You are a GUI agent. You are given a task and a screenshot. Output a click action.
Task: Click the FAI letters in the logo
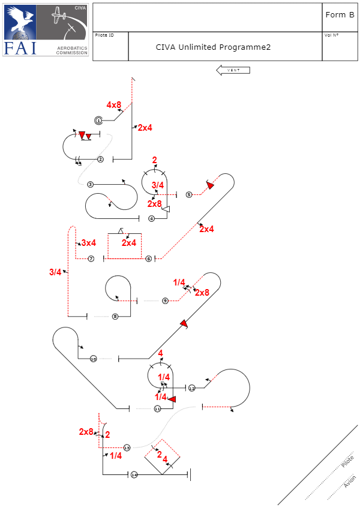point(20,47)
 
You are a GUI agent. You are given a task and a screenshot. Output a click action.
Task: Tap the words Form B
point(340,14)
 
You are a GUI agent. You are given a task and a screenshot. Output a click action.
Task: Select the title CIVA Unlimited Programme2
point(213,47)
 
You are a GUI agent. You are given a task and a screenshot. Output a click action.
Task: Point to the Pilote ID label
point(104,35)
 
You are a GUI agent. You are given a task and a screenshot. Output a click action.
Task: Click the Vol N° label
point(331,35)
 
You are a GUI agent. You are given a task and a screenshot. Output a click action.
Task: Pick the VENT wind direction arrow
point(233,70)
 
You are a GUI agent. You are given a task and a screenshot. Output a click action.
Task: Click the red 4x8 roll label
point(114,105)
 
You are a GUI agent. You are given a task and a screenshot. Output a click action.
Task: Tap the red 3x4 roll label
point(88,243)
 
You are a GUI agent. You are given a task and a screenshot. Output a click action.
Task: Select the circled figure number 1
point(98,121)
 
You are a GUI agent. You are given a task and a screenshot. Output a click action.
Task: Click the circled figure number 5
point(189,194)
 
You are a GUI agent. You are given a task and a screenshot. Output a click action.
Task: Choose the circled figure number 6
point(149,258)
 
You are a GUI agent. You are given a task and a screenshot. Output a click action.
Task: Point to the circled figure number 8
point(115,316)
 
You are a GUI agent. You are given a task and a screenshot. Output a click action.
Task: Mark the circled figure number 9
point(165,300)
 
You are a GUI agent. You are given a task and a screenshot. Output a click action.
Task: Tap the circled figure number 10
point(93,359)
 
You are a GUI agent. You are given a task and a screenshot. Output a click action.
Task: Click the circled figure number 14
point(134,475)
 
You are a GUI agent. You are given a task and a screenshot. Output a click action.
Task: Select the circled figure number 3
point(90,184)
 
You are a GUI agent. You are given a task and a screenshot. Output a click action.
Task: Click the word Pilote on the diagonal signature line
point(347,462)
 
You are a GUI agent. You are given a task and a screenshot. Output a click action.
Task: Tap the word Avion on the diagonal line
point(350,482)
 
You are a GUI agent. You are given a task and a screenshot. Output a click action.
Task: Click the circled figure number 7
point(91,258)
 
